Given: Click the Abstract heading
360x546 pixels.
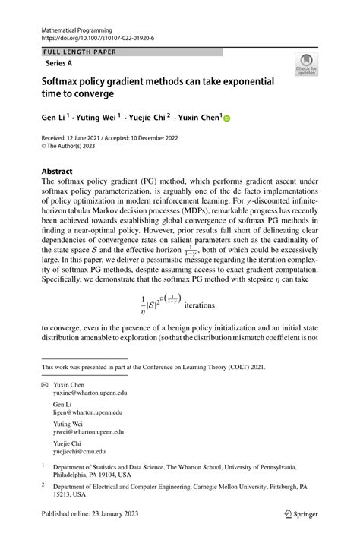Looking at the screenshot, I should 58,172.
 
